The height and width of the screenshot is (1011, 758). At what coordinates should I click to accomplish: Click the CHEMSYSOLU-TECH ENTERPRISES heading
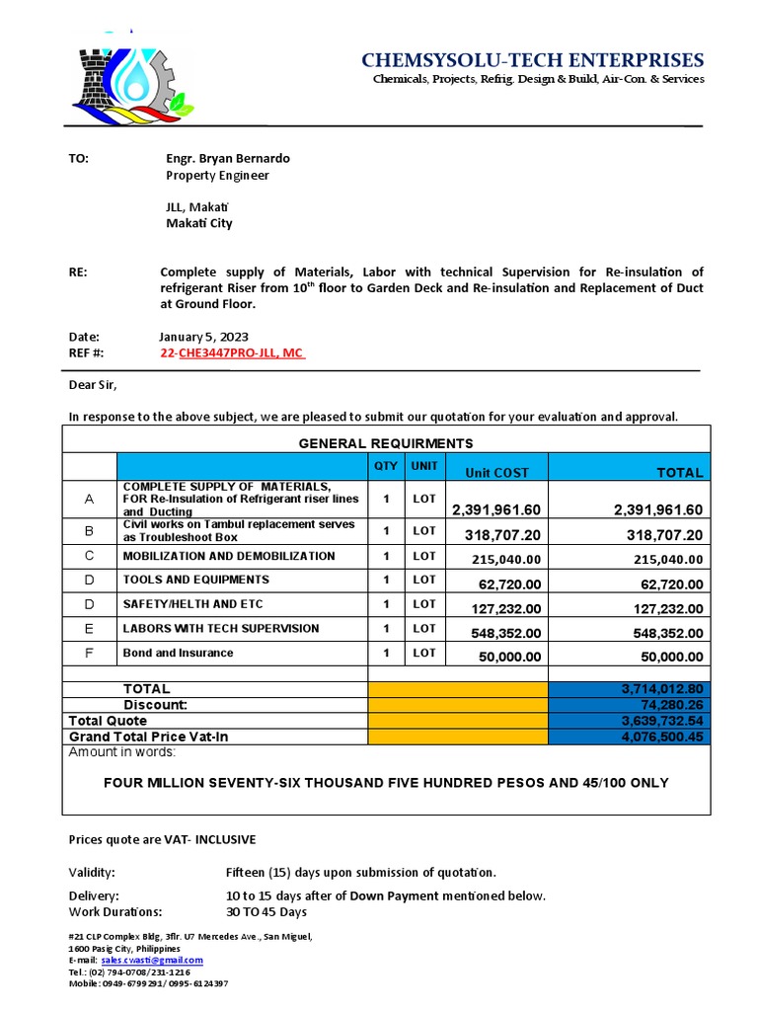coord(533,61)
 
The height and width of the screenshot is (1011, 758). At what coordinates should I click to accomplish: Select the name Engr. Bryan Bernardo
coord(228,158)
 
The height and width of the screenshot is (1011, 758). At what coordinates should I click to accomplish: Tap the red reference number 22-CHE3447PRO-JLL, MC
coord(232,352)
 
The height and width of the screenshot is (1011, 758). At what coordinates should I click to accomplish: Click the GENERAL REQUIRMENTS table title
coord(386,443)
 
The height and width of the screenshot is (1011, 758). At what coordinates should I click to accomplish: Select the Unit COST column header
coord(496,473)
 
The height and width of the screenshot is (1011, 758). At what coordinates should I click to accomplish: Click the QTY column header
coord(386,465)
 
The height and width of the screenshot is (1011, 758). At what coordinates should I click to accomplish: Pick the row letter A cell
coord(89,500)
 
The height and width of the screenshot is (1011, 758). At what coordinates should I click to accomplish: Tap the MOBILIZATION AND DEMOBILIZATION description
coord(229,557)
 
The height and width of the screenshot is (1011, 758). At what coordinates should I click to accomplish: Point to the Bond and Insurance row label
coord(179,653)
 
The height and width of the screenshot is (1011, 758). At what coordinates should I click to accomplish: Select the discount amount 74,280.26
coord(671,705)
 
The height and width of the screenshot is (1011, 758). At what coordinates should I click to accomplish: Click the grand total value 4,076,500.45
coord(664,737)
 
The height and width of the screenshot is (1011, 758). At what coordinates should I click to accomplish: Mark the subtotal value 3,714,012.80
coord(662,688)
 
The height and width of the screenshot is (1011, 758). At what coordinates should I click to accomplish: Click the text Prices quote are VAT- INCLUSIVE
coord(162,839)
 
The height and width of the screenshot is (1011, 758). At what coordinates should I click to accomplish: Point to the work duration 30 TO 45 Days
coord(266,911)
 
